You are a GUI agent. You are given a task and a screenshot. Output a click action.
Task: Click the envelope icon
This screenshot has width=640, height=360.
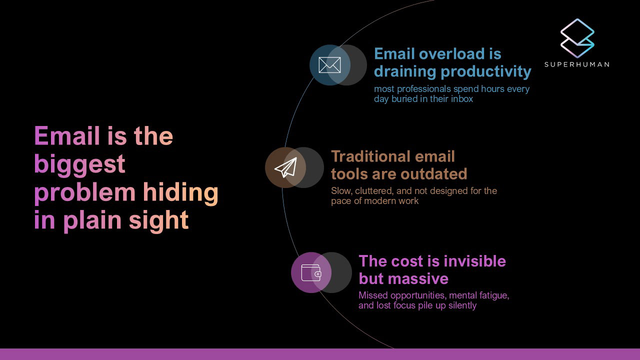click(x=329, y=65)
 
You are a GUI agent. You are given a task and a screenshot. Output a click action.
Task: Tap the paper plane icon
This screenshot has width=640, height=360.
click(x=285, y=167)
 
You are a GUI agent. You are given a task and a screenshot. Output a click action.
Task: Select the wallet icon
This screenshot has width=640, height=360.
click(x=311, y=272)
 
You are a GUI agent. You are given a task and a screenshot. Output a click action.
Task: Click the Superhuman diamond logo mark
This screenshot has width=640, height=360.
click(x=577, y=38)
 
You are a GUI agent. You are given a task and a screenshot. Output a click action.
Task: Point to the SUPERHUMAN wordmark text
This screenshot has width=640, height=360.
click(x=577, y=64)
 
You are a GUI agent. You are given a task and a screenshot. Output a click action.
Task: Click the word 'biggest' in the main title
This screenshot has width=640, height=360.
click(x=79, y=165)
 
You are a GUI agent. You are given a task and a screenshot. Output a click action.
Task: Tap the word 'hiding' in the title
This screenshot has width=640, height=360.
click(x=180, y=193)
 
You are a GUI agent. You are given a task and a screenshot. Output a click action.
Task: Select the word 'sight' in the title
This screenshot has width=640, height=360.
click(x=158, y=220)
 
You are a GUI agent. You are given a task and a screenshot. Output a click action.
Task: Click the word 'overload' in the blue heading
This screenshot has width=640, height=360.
click(x=451, y=53)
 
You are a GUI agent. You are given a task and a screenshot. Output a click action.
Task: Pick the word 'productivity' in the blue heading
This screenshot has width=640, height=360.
click(x=486, y=71)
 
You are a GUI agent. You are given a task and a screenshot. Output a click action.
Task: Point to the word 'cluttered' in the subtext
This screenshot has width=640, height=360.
click(x=373, y=191)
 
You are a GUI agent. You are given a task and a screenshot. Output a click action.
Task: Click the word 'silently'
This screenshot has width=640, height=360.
click(x=462, y=305)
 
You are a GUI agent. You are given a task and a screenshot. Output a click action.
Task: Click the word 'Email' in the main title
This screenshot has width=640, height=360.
click(x=67, y=135)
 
